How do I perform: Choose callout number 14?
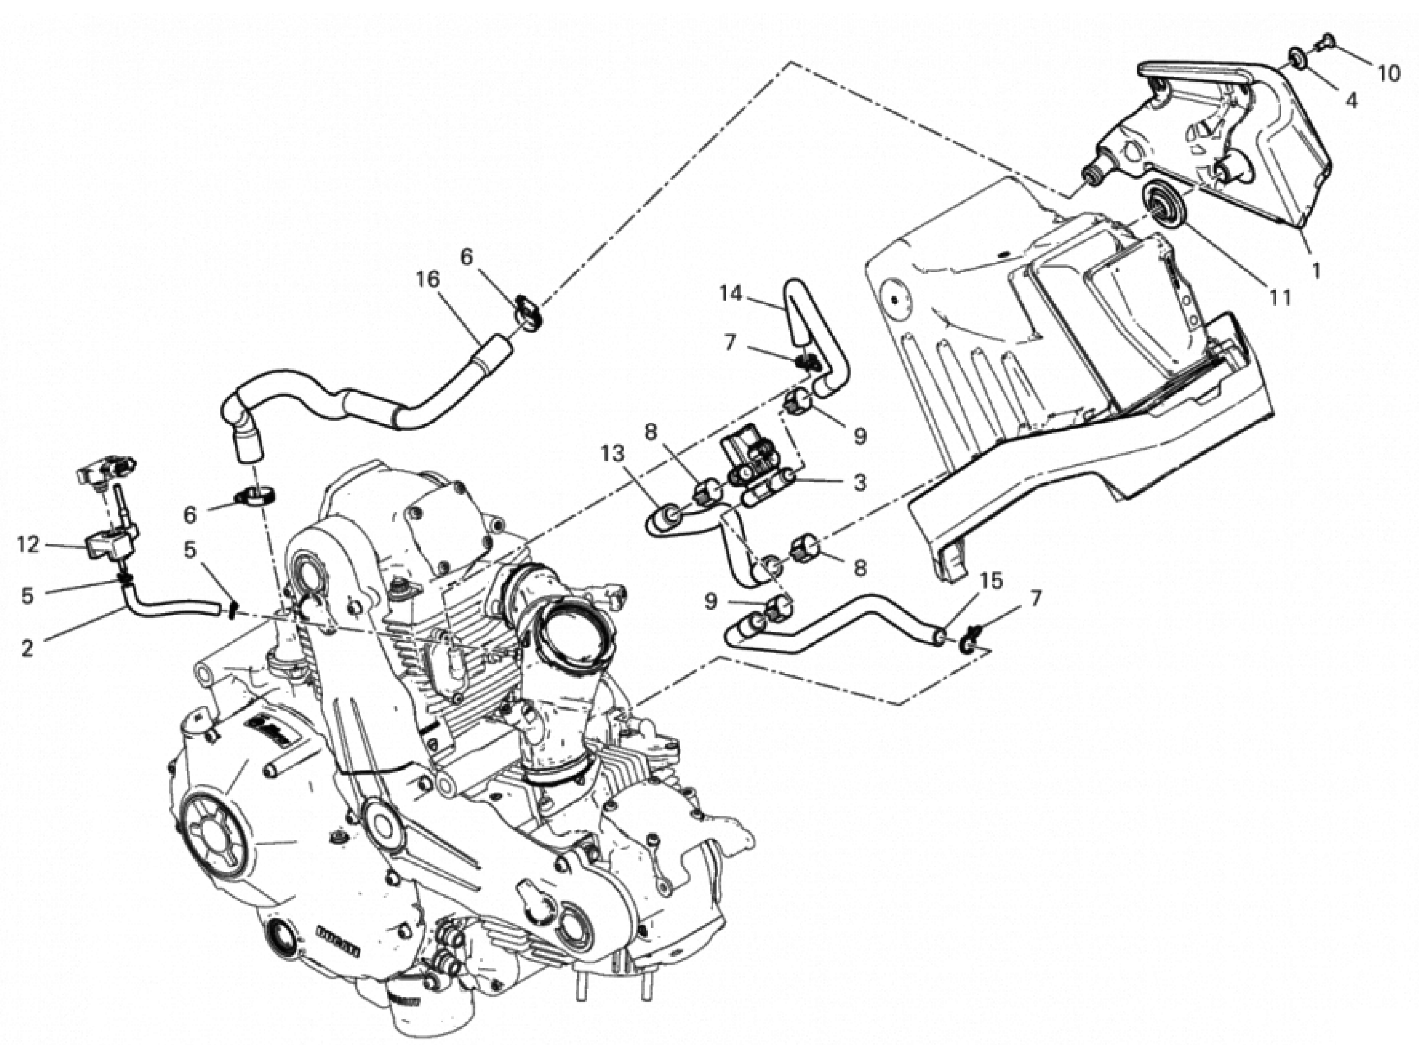[730, 293]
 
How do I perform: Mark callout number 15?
[991, 580]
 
